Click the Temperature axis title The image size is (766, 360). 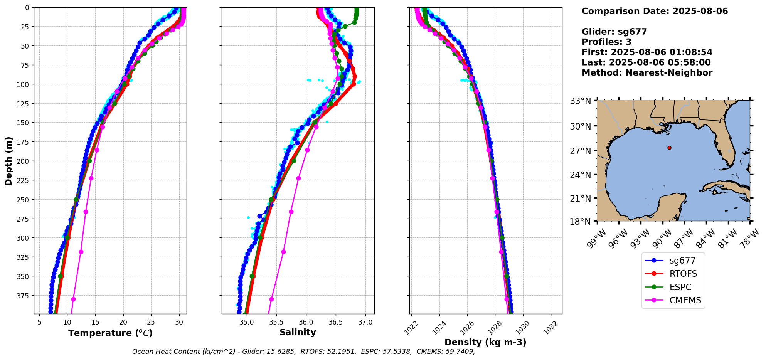(110, 333)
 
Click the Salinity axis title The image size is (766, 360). (298, 332)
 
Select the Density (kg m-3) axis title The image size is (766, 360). (485, 342)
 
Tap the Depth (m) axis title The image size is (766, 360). (8, 161)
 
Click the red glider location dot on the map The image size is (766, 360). (669, 148)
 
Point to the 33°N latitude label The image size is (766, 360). (581, 101)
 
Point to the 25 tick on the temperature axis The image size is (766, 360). (151, 322)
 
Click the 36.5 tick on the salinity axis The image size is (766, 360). (335, 322)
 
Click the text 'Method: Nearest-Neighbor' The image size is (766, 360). (647, 73)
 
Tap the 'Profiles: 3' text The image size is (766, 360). (606, 42)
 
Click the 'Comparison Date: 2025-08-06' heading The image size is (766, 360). (655, 11)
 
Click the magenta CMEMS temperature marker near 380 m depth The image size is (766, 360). (73, 299)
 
